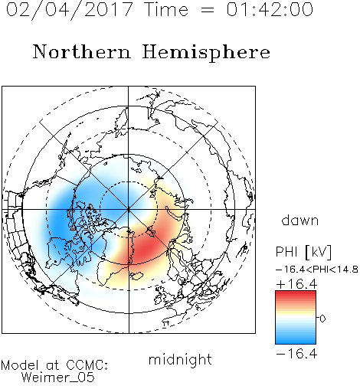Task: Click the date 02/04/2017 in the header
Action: [70, 9]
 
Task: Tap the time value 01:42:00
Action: [270, 9]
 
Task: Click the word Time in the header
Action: [166, 9]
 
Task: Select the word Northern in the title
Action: [82, 52]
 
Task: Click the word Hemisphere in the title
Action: [206, 53]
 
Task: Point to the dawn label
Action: [300, 220]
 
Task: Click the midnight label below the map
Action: [180, 359]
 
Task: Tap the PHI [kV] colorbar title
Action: [304, 252]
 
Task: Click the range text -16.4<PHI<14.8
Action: [317, 270]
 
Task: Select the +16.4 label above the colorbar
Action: [296, 284]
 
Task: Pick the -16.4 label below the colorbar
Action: [296, 354]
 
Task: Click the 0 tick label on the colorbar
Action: [322, 319]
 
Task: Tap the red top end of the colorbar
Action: [296, 293]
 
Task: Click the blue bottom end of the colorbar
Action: [296, 342]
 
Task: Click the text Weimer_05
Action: [58, 378]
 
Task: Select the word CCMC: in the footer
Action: [87, 365]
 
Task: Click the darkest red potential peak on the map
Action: [146, 248]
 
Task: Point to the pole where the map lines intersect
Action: [129, 209]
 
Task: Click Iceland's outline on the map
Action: [136, 276]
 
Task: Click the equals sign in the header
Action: [208, 10]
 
